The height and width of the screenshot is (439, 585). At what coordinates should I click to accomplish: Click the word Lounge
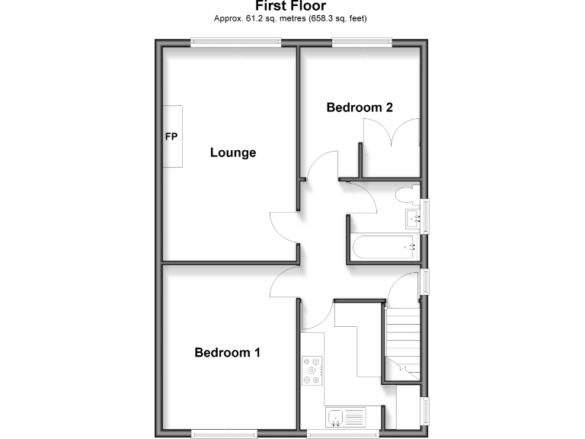(233, 152)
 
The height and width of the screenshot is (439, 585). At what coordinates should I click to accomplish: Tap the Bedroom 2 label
(360, 107)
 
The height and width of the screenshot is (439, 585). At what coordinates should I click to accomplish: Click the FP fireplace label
(171, 137)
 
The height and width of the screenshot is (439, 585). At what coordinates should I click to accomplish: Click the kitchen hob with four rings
(313, 370)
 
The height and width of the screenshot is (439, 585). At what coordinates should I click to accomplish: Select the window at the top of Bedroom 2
(362, 43)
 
